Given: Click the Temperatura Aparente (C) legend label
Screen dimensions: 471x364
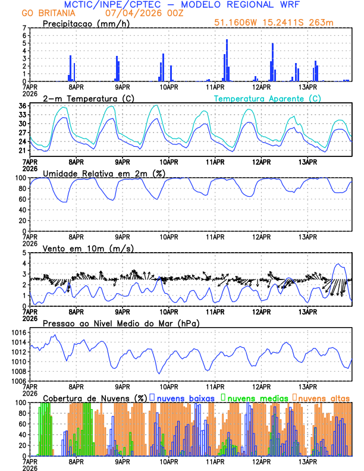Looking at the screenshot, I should [x=268, y=98].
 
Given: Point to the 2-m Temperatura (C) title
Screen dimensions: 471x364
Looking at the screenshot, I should [x=84, y=98].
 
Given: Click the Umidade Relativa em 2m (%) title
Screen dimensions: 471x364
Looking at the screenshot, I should [x=103, y=173].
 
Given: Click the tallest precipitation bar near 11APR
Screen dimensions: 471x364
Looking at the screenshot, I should [x=227, y=59].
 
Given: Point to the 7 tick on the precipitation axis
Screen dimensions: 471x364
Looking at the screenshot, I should [x=24, y=28].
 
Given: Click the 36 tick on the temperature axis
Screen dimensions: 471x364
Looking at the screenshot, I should [x=22, y=106].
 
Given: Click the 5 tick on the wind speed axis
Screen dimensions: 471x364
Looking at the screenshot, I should [x=24, y=253].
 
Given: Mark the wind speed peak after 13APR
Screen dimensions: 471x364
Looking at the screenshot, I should [x=338, y=264].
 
